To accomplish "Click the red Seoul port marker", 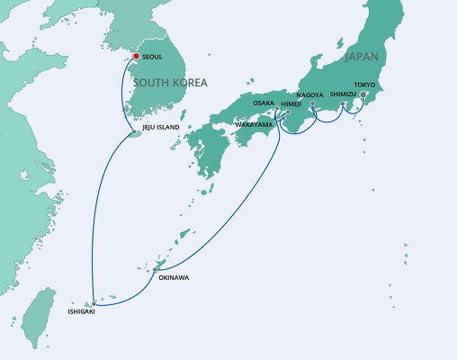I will tap(136, 57).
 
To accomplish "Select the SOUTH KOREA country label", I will tap(172, 83).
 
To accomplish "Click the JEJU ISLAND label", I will tap(162, 128).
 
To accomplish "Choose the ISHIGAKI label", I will tap(80, 311).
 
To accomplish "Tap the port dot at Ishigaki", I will tap(93, 303).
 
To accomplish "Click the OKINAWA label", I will tap(174, 277).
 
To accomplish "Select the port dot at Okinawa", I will tap(156, 268).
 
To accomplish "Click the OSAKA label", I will tap(264, 103).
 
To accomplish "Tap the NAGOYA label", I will tap(309, 94).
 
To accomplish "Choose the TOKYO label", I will tap(364, 85).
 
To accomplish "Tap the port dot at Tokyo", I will tap(363, 94).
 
